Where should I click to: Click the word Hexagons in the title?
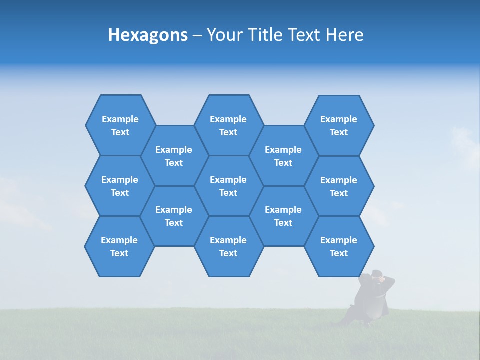tap(148, 35)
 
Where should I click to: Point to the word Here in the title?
tap(344, 35)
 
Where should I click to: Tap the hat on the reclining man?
tap(376, 273)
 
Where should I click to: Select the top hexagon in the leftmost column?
tap(120, 125)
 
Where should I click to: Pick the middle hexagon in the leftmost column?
tap(120, 186)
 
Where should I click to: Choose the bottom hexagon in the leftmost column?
tap(119, 246)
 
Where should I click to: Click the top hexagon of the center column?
tap(228, 125)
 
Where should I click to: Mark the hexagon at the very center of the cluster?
tap(228, 186)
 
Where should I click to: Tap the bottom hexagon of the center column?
tap(228, 246)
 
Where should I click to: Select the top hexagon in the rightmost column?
tap(339, 125)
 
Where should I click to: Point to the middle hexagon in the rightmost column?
tap(339, 186)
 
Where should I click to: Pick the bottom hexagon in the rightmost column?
tap(339, 246)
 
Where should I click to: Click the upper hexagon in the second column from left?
tap(174, 156)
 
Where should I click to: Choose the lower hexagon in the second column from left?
tap(174, 216)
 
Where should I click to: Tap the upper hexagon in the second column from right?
tap(283, 156)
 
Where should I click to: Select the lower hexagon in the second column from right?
tap(283, 216)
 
